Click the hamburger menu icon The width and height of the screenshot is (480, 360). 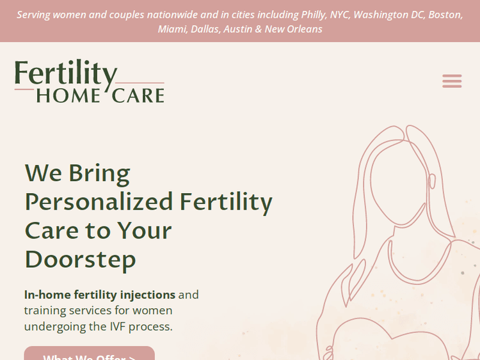click(x=452, y=81)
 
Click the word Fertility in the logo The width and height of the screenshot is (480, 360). click(x=66, y=74)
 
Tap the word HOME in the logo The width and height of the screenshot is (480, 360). click(x=68, y=95)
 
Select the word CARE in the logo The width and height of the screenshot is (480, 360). click(x=138, y=95)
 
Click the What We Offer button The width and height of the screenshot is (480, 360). click(x=89, y=355)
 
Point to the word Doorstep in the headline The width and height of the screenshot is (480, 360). click(x=80, y=259)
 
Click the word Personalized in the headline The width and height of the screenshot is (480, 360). click(x=99, y=202)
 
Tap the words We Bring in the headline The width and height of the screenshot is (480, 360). click(x=77, y=173)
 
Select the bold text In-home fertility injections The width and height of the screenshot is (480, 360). click(x=99, y=295)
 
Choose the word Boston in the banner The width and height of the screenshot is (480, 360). click(x=445, y=15)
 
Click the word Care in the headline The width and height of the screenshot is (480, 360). click(x=53, y=231)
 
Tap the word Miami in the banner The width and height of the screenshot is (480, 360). click(x=172, y=29)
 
